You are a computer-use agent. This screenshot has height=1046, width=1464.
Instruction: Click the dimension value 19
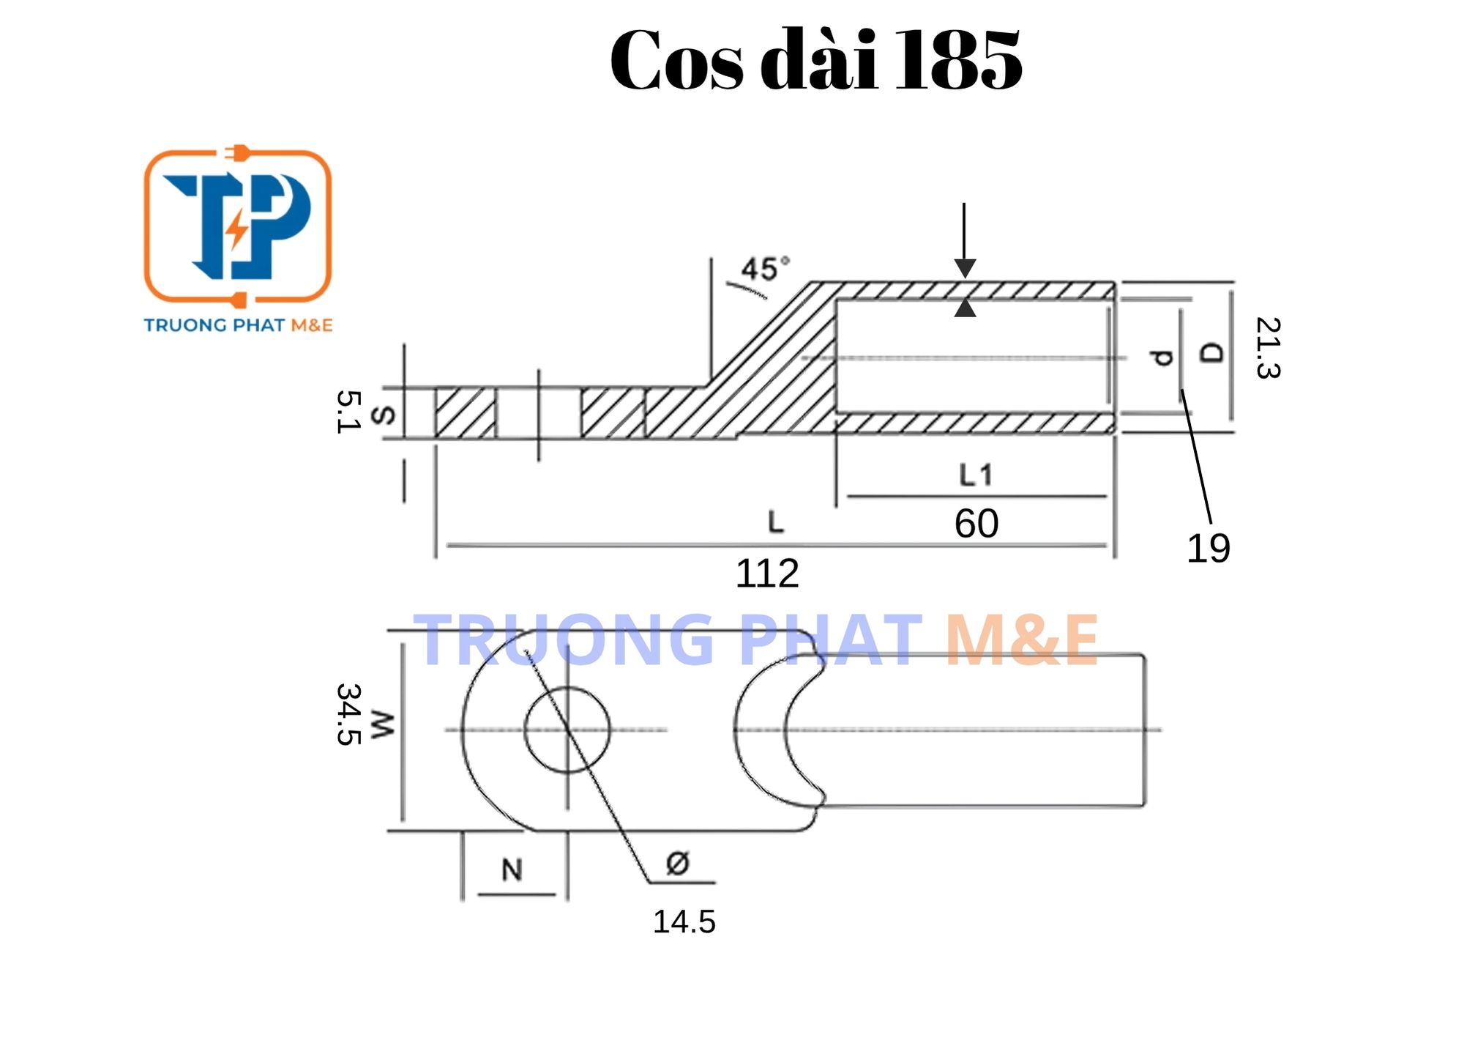pos(1208,548)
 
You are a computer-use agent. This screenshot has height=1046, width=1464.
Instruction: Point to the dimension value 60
pos(976,523)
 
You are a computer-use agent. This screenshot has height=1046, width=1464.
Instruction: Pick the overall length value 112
pos(767,573)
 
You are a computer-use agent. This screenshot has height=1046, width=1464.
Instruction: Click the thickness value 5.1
pos(348,412)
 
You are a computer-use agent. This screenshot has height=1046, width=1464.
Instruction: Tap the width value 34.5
pos(348,714)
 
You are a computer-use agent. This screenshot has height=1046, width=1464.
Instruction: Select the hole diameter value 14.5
pos(684,921)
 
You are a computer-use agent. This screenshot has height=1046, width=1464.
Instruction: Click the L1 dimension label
pos(976,475)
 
